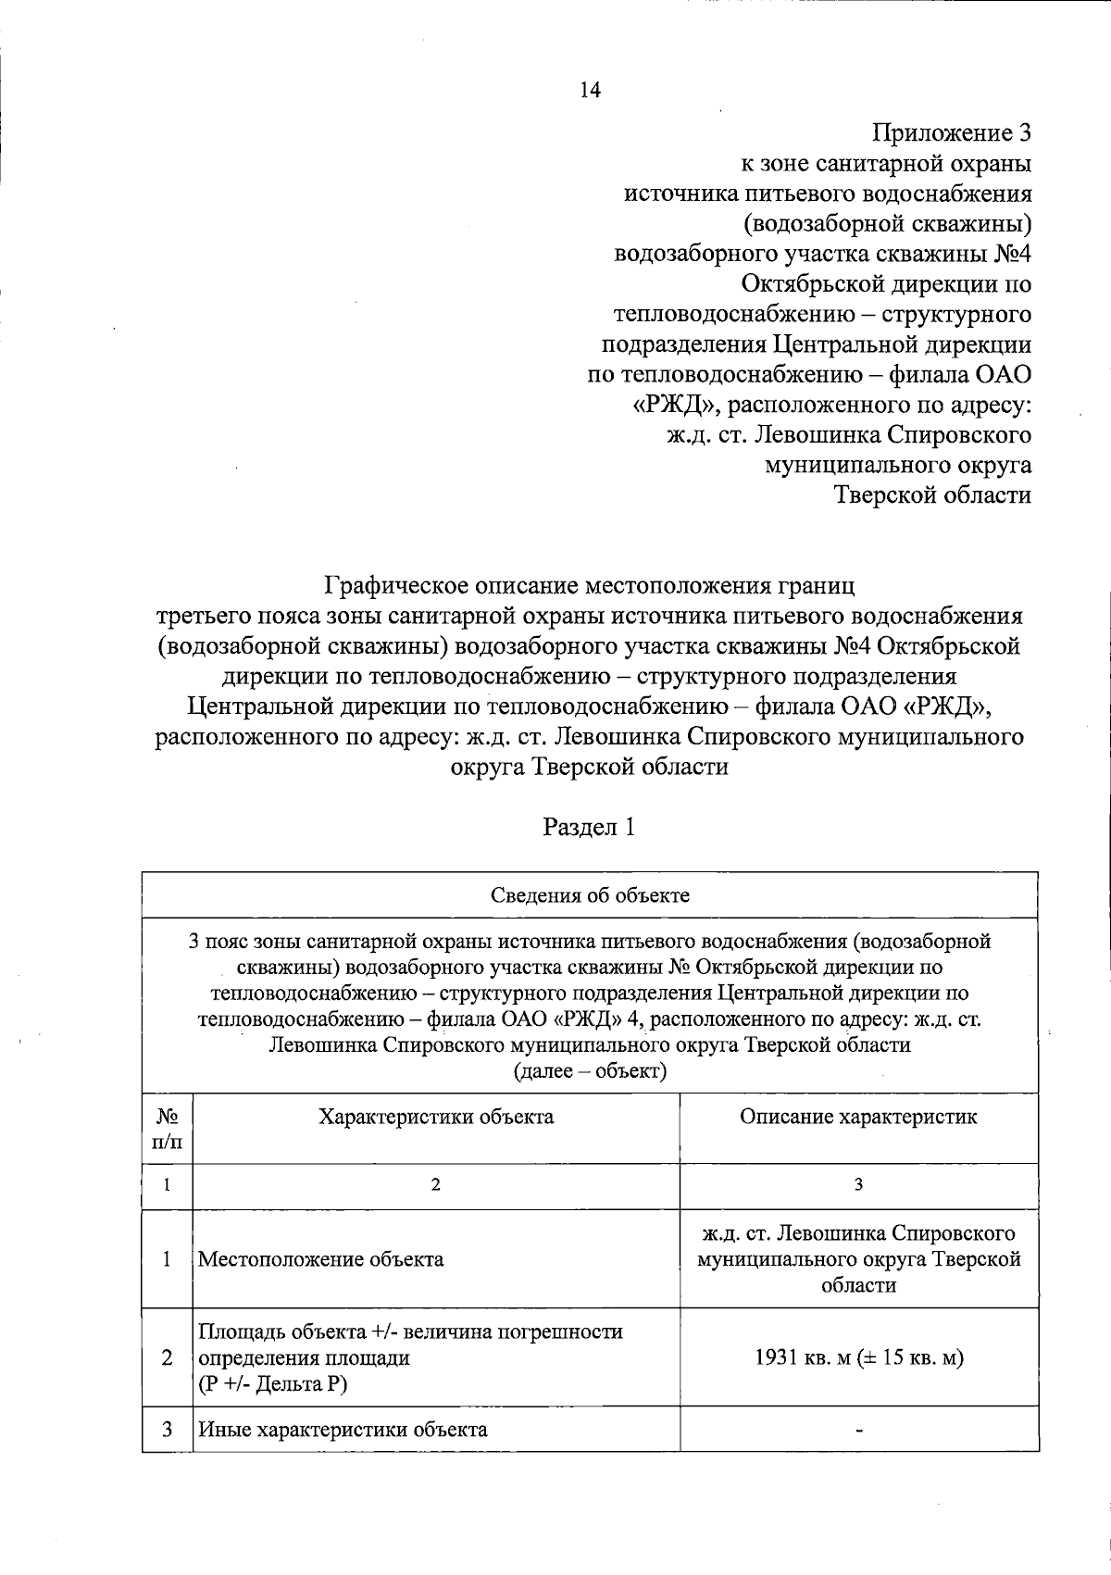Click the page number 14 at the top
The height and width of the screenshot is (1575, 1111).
click(x=590, y=90)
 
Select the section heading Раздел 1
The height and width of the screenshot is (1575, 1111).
click(x=589, y=827)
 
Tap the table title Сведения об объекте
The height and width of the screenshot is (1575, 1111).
click(x=590, y=895)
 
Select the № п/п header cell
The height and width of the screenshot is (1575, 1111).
click(x=168, y=1129)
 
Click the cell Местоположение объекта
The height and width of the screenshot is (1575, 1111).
click(x=321, y=1259)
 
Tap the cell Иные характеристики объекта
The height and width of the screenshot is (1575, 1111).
click(x=343, y=1455)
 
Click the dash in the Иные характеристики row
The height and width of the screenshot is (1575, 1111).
click(x=859, y=1456)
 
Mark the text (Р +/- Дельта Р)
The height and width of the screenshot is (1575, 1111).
click(x=274, y=1383)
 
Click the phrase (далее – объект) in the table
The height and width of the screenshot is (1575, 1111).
click(x=590, y=1071)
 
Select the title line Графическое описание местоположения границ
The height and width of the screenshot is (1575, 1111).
click(x=590, y=586)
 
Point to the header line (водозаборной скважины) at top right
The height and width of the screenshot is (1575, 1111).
click(x=888, y=223)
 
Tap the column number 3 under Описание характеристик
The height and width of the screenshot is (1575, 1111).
click(x=858, y=1185)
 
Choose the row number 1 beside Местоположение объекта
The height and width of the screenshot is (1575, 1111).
click(x=167, y=1259)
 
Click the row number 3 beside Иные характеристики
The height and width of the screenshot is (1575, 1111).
click(x=167, y=1455)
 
